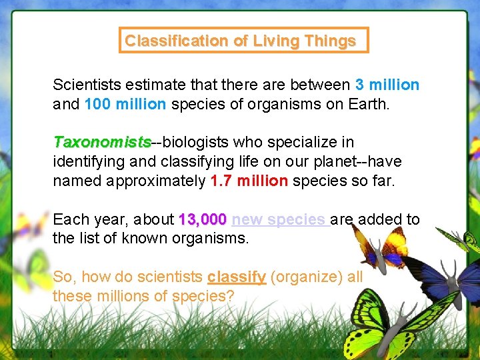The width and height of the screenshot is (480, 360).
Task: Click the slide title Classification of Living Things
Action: click(x=240, y=41)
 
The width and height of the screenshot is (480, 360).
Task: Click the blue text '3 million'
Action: click(x=387, y=85)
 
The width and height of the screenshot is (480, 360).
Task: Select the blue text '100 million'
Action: click(x=126, y=105)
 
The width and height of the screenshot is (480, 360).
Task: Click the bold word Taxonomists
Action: click(x=102, y=142)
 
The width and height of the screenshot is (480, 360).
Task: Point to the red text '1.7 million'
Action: click(x=249, y=181)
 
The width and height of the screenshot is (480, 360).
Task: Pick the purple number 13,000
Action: click(x=203, y=219)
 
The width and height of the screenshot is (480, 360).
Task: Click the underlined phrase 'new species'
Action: click(x=279, y=219)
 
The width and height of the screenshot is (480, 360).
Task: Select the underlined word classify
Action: click(x=237, y=277)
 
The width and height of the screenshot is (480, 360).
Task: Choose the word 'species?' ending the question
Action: click(x=203, y=295)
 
